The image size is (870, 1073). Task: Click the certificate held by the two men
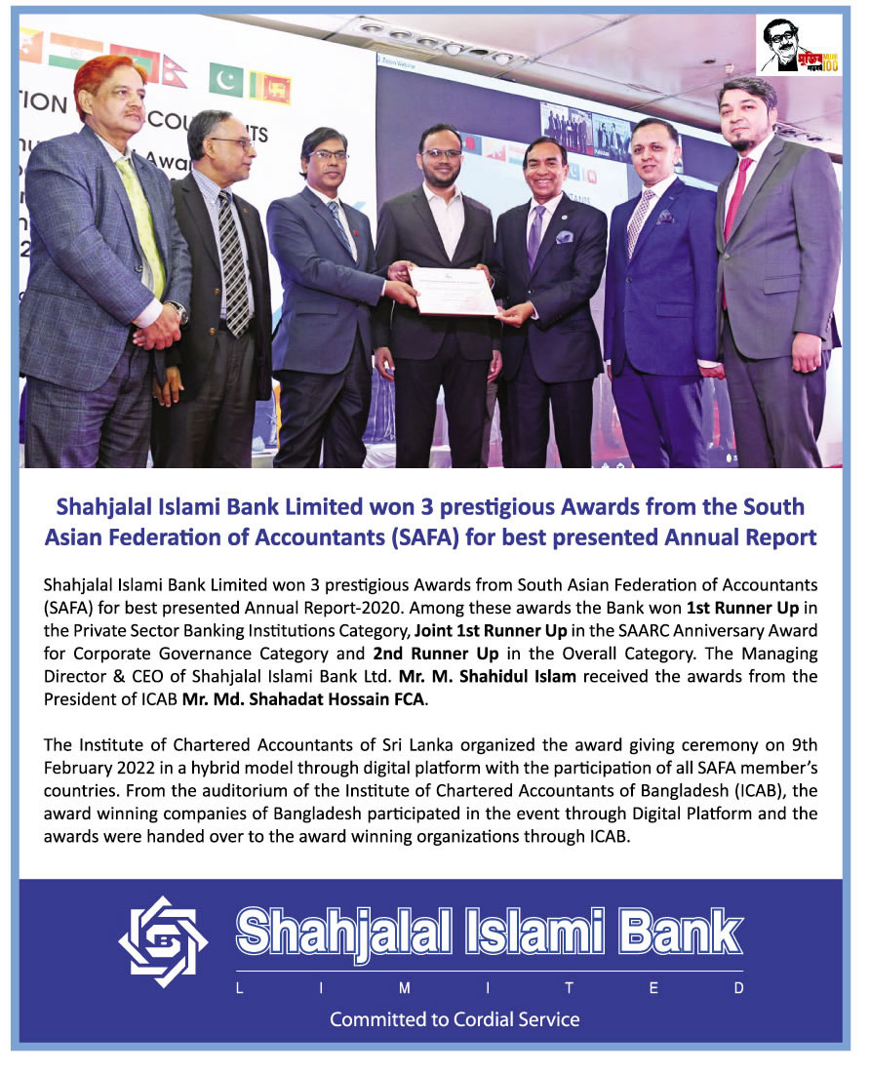[453, 290]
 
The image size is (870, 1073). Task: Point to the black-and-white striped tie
[233, 263]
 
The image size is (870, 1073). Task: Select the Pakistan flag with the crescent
[226, 80]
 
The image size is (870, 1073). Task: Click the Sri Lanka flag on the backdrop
[270, 87]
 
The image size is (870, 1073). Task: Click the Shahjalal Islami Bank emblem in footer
[163, 941]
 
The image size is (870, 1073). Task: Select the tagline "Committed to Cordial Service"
[455, 1019]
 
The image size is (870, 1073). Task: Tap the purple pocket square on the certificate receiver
[565, 236]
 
